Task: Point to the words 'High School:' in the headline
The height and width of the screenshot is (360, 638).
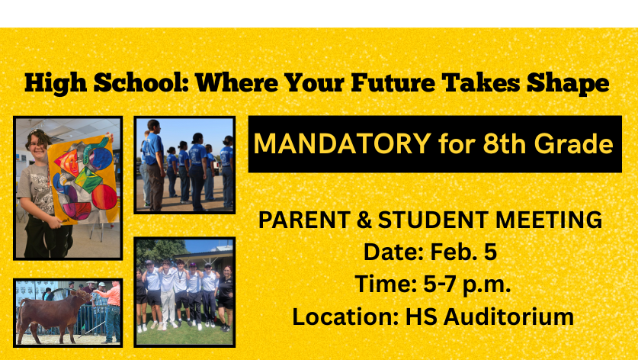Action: click(x=105, y=82)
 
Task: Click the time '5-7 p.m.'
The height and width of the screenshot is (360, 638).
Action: click(x=466, y=284)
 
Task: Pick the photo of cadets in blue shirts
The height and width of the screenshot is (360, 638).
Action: click(x=185, y=165)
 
